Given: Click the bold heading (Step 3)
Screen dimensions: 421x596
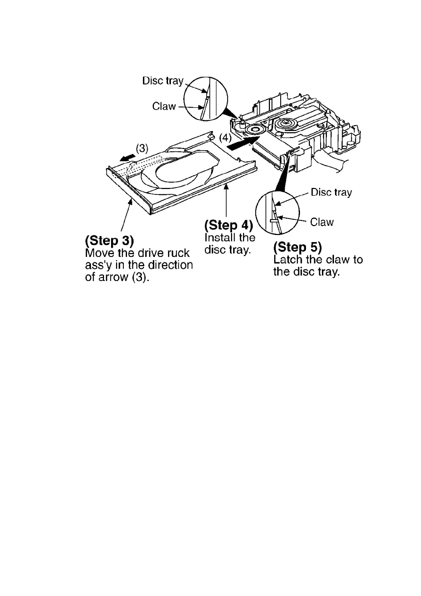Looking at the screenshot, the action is click(x=109, y=241).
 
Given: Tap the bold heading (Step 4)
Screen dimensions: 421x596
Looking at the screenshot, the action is click(x=229, y=225).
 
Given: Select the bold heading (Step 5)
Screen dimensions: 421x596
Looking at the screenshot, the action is click(x=298, y=247).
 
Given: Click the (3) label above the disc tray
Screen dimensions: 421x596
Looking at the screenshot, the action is click(x=142, y=148).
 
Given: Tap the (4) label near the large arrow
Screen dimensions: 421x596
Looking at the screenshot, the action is click(x=225, y=137).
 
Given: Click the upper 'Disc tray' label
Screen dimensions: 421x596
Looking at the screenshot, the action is click(x=163, y=81).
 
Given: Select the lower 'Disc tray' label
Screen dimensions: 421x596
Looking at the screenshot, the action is click(x=331, y=192).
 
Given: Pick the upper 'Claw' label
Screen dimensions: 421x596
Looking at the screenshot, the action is click(x=164, y=106).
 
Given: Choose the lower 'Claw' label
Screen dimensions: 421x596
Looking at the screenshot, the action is click(x=322, y=222).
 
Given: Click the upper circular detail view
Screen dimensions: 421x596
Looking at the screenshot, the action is click(x=206, y=98).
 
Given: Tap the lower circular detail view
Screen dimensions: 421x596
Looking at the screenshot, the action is click(x=277, y=212).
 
